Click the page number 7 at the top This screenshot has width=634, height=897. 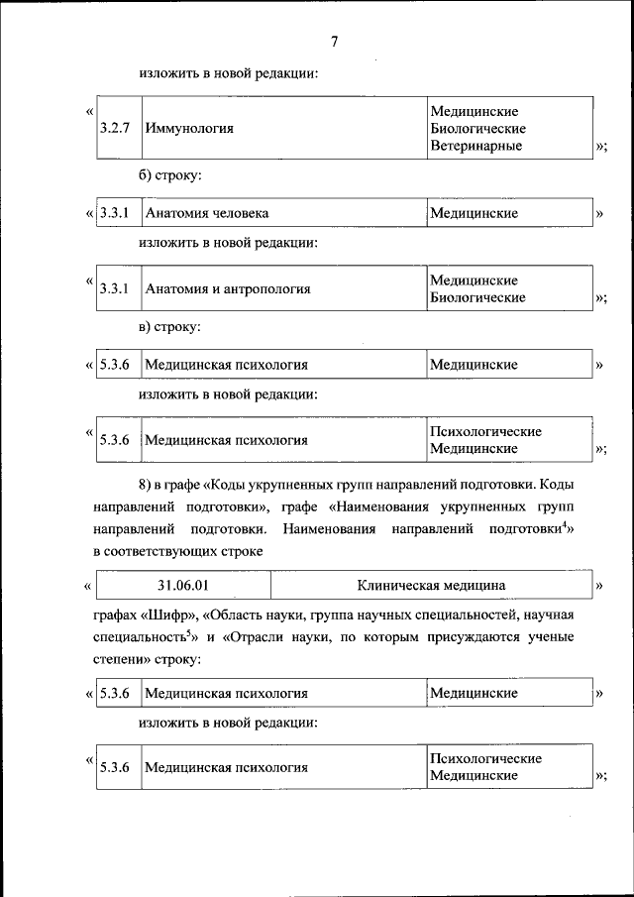coord(334,41)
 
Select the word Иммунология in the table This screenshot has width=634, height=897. coord(189,129)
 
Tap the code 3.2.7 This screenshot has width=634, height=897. coord(116,129)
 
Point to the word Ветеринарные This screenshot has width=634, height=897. coord(475,146)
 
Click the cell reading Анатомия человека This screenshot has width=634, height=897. coord(207,213)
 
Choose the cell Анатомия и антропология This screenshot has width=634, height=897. coord(228,289)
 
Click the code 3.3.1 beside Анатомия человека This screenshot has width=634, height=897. coord(116,213)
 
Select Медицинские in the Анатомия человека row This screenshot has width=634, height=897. coord(474,213)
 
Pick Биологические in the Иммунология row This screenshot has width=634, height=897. coord(477,129)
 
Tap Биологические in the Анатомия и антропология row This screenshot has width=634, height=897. coord(477,297)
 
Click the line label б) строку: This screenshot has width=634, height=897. coord(170,175)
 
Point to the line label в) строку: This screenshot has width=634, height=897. coord(170,326)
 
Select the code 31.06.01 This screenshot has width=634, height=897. coord(183,586)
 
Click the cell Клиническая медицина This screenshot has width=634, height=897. coord(432,586)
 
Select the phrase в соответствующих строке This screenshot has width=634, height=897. coord(178,551)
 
